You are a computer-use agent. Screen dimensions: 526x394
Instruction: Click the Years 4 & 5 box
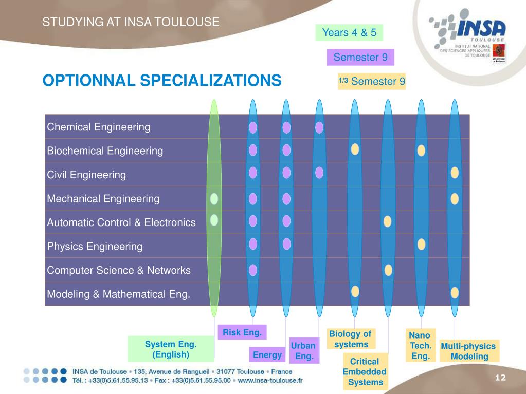tap(349, 33)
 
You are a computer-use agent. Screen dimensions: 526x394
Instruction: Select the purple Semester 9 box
tap(360, 57)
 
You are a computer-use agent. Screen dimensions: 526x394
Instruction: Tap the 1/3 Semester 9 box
tap(372, 81)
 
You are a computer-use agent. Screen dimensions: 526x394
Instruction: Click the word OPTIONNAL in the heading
tap(89, 81)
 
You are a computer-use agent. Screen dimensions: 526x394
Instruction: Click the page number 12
tap(500, 378)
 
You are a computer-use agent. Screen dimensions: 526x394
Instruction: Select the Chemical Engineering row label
tap(99, 127)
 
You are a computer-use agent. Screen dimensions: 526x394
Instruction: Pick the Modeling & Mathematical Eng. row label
tap(119, 294)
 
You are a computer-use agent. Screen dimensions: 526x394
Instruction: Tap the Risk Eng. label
tap(242, 332)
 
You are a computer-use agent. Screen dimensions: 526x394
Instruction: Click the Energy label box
tap(267, 354)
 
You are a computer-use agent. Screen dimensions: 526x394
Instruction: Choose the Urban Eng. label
tap(303, 350)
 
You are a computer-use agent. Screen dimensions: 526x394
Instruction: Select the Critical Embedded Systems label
tap(365, 372)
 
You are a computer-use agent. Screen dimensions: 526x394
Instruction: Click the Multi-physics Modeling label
tap(468, 351)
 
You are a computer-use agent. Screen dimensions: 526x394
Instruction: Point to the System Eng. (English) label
tap(171, 349)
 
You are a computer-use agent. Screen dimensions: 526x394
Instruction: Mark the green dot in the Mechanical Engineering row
tap(214, 198)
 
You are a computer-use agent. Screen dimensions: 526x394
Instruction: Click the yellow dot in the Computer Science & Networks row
tap(388, 270)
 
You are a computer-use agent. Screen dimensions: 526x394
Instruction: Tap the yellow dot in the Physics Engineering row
tap(422, 245)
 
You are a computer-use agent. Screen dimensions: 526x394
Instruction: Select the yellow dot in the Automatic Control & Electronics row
tap(388, 221)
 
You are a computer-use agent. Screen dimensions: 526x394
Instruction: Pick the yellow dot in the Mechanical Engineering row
tap(455, 198)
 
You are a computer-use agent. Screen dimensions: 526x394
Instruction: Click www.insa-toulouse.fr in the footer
tap(270, 381)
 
